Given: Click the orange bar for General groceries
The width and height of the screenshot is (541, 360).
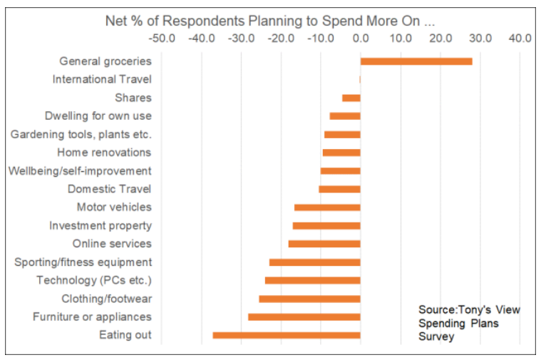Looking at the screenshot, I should tap(416, 61).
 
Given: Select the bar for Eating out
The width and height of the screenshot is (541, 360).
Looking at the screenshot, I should tap(287, 335).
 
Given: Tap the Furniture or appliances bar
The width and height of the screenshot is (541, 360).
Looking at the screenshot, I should tap(304, 317).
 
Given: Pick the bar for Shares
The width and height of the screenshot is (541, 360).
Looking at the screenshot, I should tap(351, 98).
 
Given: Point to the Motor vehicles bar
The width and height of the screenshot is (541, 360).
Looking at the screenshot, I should tap(327, 207).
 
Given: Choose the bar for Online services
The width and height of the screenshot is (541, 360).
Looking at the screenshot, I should tap(324, 244).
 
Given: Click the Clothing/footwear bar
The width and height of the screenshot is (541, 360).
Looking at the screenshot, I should tap(309, 299).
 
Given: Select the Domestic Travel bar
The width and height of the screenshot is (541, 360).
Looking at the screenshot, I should tap(339, 189).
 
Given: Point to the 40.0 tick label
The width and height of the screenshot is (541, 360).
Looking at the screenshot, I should tap(520, 38).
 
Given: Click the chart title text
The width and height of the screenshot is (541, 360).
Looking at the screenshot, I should tap(270, 20).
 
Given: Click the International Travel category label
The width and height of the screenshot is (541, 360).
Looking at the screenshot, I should tap(102, 79).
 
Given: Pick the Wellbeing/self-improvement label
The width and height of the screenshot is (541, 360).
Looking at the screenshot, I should tap(80, 170).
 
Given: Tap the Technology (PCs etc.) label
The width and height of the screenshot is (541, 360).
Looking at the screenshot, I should tap(94, 280).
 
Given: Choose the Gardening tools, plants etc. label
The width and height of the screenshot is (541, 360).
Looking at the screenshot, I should tap(81, 134).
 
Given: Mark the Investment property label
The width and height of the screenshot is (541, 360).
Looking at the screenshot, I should tap(101, 225).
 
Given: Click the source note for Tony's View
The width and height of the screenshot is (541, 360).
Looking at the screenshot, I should tap(469, 323).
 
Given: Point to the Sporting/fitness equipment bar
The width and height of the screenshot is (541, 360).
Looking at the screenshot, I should tap(315, 262).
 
